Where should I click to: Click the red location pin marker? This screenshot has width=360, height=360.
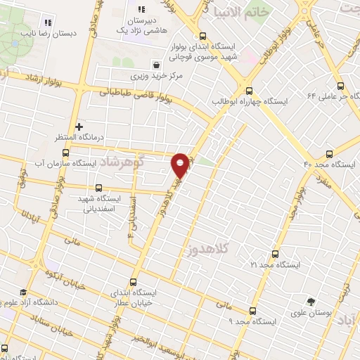(x=180, y=165)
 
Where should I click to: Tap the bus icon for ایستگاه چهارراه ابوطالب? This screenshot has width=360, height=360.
(x=249, y=90)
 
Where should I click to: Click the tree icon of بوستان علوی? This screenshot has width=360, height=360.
(x=311, y=302)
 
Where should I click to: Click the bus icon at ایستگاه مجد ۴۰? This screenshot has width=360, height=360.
(x=330, y=153)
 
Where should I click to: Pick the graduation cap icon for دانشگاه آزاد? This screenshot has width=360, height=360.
(x=22, y=292)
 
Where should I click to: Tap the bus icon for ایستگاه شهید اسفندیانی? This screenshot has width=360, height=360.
(x=98, y=188)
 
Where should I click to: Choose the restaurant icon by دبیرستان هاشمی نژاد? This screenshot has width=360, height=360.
(x=141, y=10)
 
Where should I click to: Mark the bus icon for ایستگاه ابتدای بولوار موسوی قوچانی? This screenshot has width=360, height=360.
(x=203, y=37)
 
